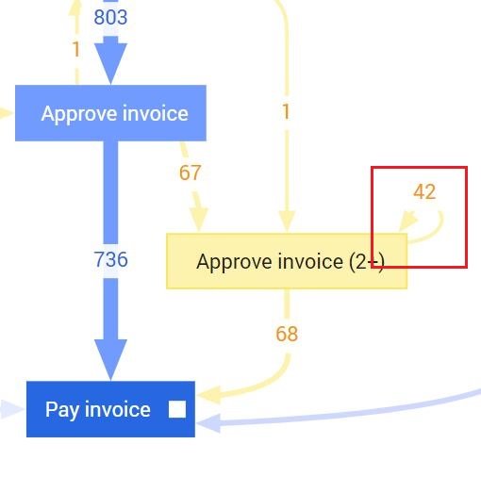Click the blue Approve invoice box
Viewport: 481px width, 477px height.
coord(110,113)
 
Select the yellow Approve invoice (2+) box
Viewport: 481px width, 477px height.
coord(287,261)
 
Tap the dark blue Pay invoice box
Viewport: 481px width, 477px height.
coord(110,409)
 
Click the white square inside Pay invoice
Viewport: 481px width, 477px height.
coord(177,409)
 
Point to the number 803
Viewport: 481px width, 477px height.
coord(110,17)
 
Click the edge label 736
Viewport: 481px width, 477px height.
coord(110,259)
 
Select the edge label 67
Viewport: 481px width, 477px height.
coord(190,173)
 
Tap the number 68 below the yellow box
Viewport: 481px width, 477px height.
coord(287,334)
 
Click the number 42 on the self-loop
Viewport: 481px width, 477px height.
coord(424,191)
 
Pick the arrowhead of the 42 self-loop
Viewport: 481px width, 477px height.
coord(407,221)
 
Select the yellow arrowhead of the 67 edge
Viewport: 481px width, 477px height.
coord(199,220)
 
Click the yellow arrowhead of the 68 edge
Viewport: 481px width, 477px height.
coord(209,394)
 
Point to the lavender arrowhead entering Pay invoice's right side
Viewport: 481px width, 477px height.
coord(208,423)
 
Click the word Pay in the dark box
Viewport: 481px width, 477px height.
coord(62,410)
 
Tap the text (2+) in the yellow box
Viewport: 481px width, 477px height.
coord(367,262)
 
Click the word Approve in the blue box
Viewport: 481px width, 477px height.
coord(80,114)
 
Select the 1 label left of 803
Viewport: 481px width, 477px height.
coord(75,50)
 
